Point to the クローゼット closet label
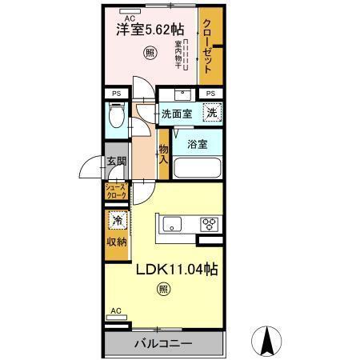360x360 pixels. (210, 46)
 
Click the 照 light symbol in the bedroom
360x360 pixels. (150, 54)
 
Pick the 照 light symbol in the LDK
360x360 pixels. (162, 290)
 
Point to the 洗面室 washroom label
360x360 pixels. (177, 114)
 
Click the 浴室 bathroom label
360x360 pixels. (198, 145)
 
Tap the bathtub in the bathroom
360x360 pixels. (197, 169)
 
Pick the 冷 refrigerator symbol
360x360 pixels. (117, 221)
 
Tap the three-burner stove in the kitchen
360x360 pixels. (210, 223)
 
